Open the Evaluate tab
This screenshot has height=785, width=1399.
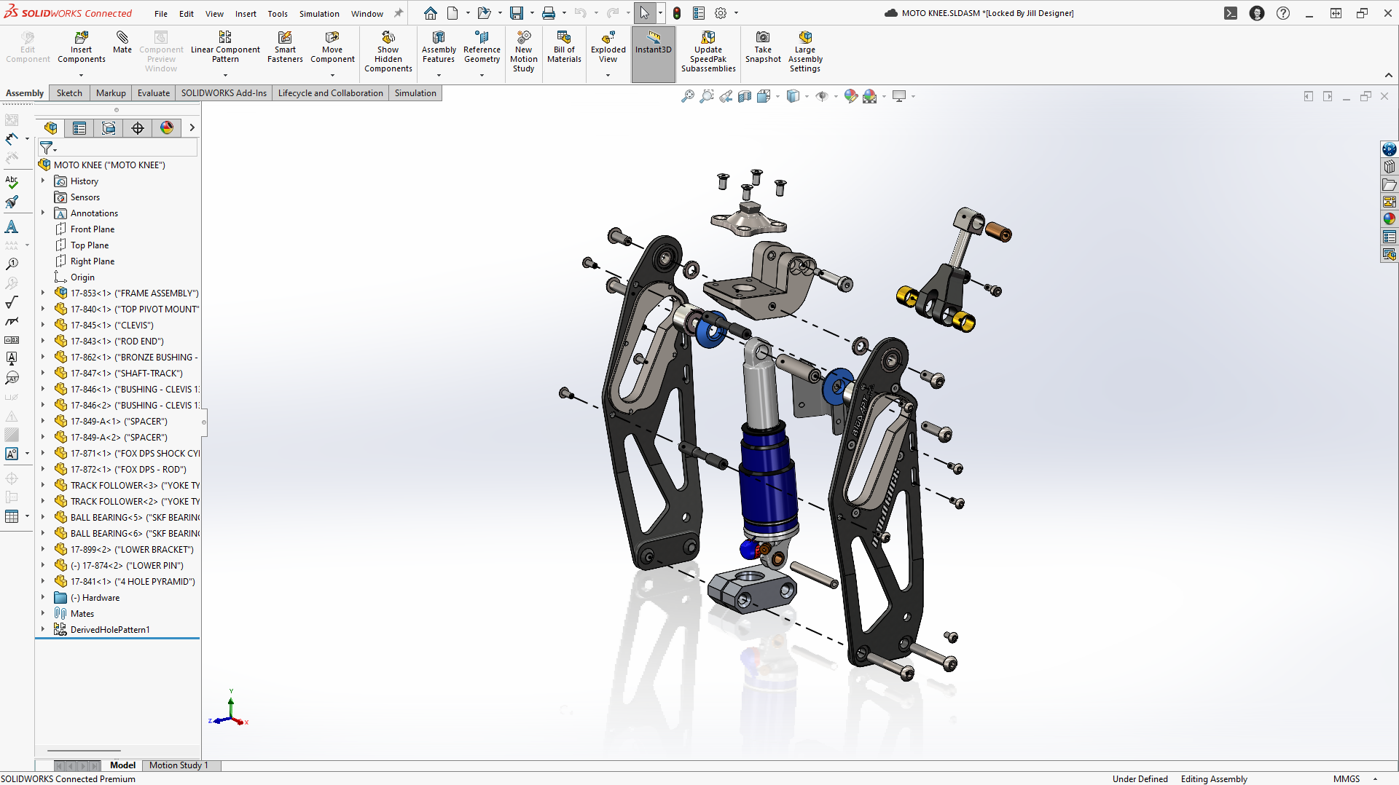pyautogui.click(x=153, y=93)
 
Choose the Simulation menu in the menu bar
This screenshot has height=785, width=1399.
pyautogui.click(x=319, y=13)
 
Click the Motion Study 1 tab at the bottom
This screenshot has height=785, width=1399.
pyautogui.click(x=179, y=765)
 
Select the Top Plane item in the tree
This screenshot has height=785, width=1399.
pyautogui.click(x=90, y=245)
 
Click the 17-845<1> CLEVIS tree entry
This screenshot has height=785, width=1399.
pyautogui.click(x=112, y=326)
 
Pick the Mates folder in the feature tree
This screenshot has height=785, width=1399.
pyautogui.click(x=82, y=614)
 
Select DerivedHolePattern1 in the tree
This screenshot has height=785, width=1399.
pyautogui.click(x=110, y=630)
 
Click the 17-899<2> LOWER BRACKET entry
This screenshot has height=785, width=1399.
pyautogui.click(x=132, y=550)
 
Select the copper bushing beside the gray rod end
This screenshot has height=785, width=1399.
pyautogui.click(x=998, y=232)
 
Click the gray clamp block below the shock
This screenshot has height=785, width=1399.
pyautogui.click(x=751, y=591)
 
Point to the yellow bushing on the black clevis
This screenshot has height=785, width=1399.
pyautogui.click(x=907, y=296)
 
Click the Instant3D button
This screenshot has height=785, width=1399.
pyautogui.click(x=653, y=44)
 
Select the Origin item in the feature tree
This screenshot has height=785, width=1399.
pyautogui.click(x=82, y=277)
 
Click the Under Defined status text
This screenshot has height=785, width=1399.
pyautogui.click(x=1140, y=779)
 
